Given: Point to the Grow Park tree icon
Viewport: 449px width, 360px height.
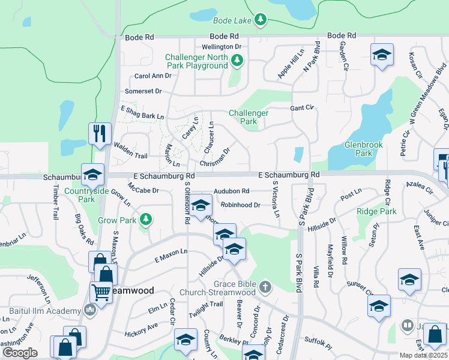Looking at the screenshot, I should tap(145, 220).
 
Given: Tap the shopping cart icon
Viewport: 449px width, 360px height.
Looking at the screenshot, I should tap(101, 292).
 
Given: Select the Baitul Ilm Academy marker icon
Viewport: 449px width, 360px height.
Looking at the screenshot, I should tap(90, 311).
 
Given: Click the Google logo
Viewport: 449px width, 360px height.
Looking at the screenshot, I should tap(20, 352).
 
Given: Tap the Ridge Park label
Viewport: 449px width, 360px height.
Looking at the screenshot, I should tap(376, 212).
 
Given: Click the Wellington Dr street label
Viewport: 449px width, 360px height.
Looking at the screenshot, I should tap(221, 46).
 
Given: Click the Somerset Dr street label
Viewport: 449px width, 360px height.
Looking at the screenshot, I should tap(143, 92).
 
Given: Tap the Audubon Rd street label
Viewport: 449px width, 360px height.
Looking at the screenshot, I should tap(231, 191).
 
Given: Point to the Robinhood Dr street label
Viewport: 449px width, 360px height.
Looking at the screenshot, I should tap(240, 205).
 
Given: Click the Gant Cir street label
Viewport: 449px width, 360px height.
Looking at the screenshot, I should tap(303, 108).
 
